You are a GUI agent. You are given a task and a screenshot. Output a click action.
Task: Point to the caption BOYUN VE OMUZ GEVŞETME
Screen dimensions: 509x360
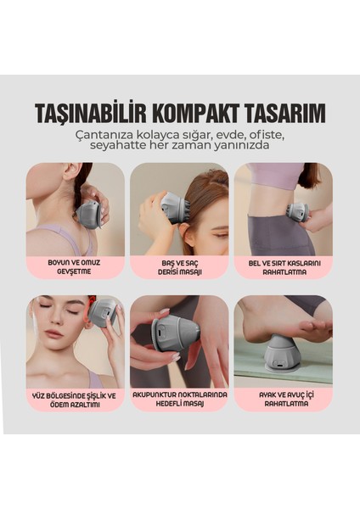tap(75, 267)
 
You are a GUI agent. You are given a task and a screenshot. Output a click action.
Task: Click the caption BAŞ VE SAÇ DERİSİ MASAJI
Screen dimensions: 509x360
tap(179, 267)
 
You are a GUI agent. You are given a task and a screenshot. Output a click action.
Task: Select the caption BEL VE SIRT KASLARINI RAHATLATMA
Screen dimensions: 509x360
tap(283, 267)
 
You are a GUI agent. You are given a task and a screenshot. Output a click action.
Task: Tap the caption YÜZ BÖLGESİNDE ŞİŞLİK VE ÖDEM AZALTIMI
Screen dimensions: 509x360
tap(75, 399)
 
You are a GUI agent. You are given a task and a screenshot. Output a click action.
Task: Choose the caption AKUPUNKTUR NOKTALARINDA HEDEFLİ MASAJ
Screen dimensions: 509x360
tap(179, 399)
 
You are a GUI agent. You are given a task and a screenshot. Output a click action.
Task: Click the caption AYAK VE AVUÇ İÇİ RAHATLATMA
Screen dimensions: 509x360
tap(283, 399)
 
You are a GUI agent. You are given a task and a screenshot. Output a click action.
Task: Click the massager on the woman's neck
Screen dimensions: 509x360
tap(88, 212)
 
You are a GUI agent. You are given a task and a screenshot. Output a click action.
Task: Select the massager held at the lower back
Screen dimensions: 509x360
tap(297, 212)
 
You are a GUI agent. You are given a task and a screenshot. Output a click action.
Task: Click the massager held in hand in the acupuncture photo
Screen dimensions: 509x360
tap(175, 332)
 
